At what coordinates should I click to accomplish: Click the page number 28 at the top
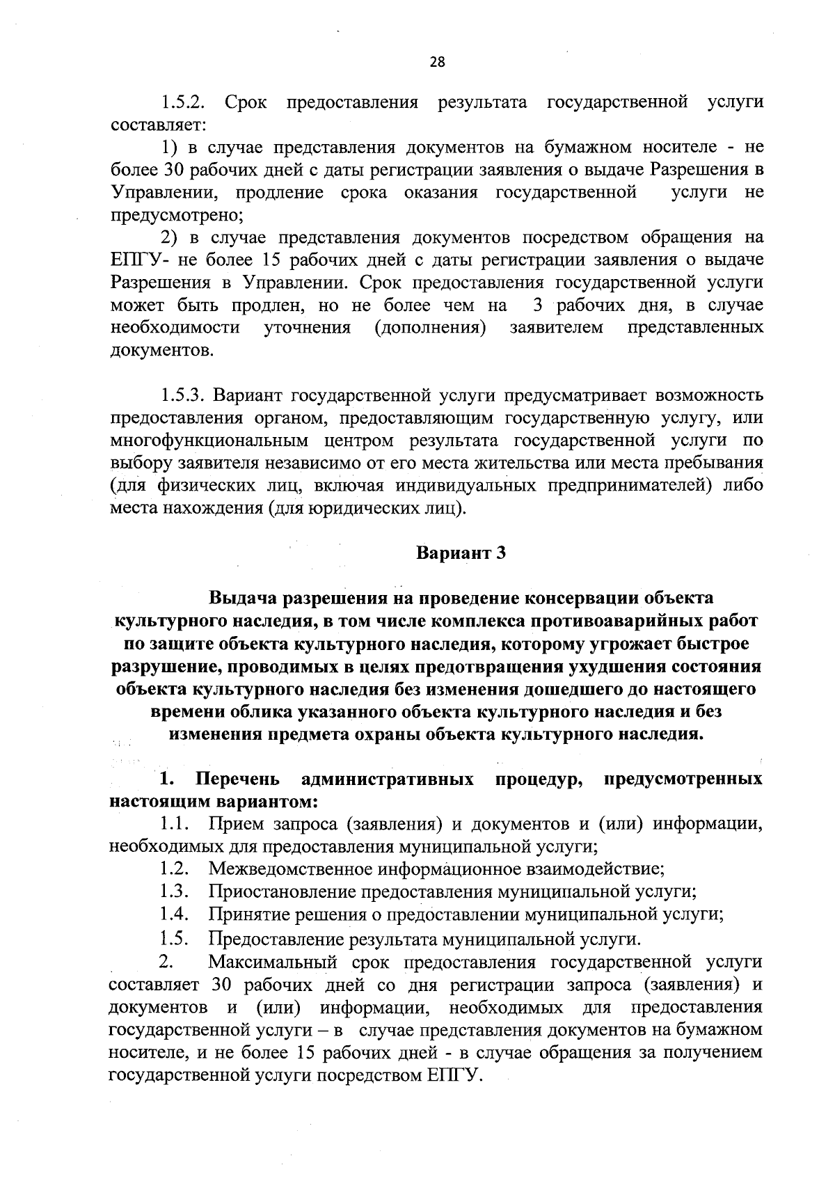pos(436,62)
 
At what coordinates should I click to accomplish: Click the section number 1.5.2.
pos(183,102)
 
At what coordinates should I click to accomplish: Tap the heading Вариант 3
pos(460,553)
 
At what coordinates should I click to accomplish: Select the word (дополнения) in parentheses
pos(429,328)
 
